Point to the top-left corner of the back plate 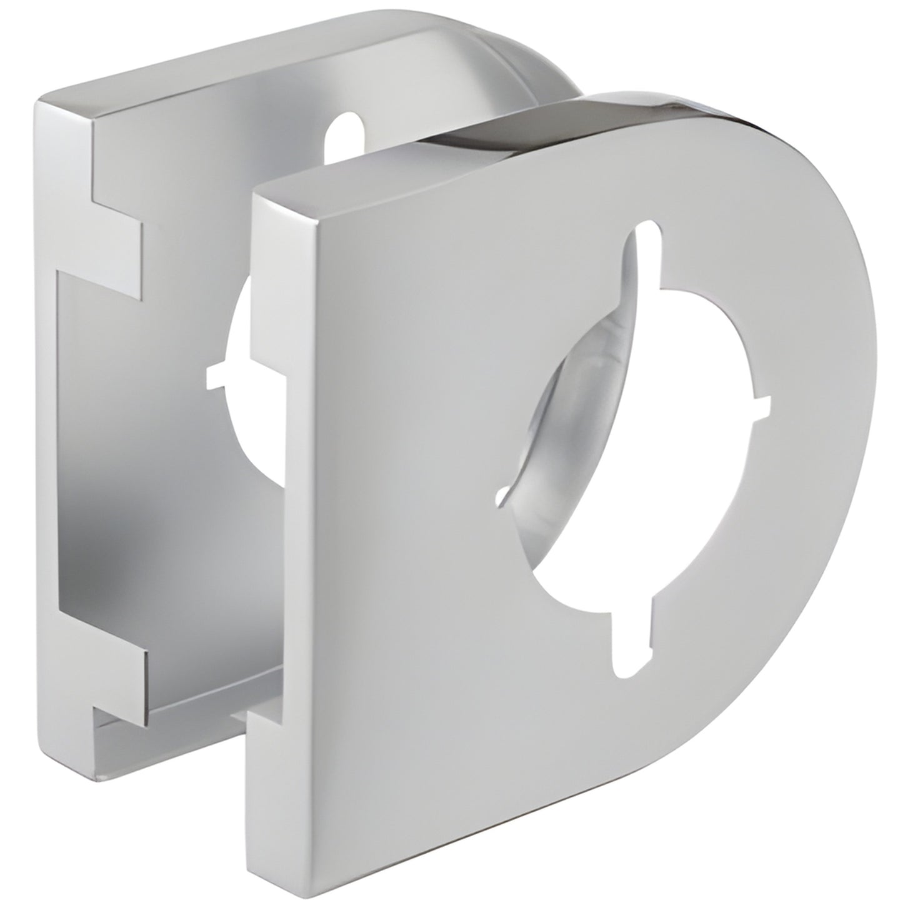tap(42, 100)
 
